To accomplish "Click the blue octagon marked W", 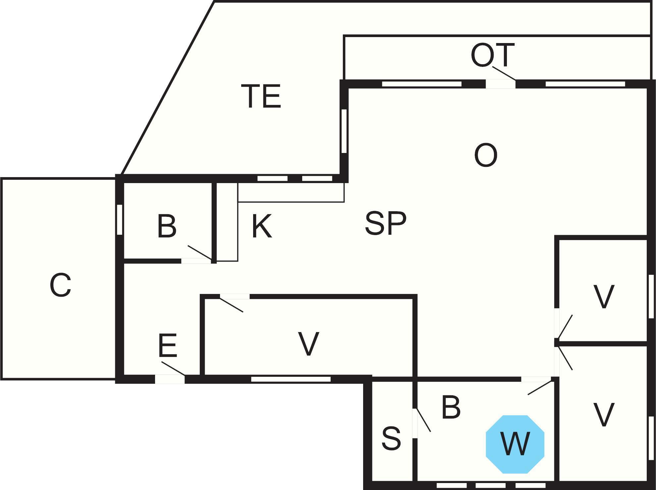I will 515,444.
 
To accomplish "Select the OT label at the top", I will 493,55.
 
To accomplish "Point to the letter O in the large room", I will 486,155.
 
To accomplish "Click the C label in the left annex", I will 60,285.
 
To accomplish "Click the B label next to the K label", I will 167,226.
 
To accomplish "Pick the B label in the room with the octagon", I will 451,407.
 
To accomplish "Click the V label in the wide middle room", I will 309,344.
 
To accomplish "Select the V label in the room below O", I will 604,296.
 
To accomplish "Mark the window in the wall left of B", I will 120,220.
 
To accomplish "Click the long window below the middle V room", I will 291,379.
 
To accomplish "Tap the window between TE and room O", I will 344,131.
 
